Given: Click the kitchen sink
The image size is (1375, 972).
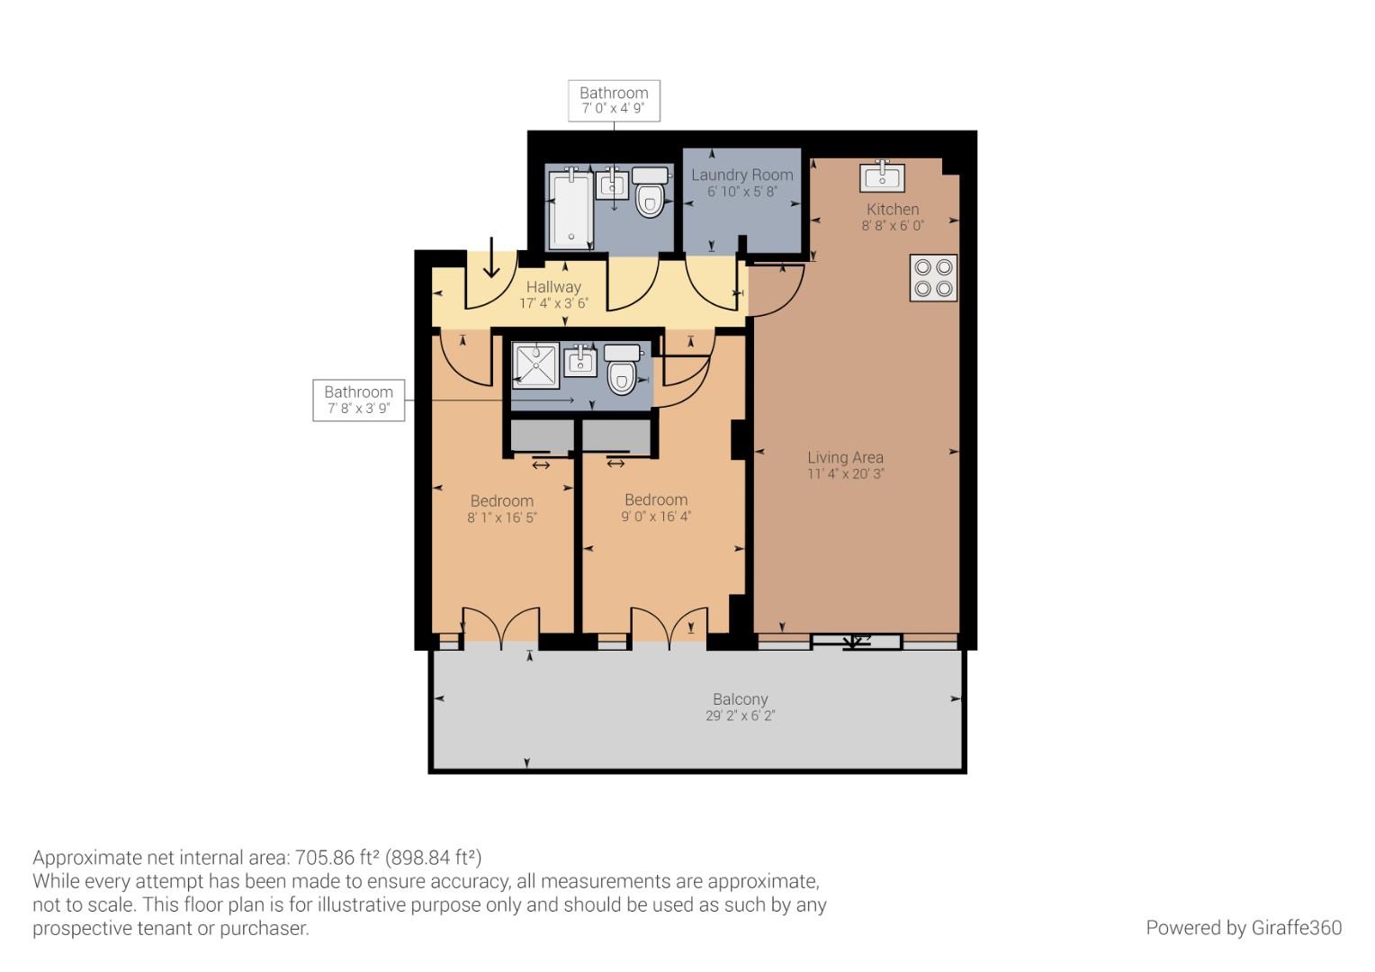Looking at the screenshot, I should tap(882, 177).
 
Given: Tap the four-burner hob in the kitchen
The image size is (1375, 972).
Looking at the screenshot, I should tap(933, 278).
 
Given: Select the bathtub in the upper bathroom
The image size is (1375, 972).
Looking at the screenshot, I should tap(570, 211).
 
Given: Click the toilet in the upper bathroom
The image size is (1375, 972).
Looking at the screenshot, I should tap(650, 193).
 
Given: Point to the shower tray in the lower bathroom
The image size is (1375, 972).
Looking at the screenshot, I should tap(535, 365).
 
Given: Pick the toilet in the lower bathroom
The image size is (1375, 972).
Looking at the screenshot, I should tap(622, 370).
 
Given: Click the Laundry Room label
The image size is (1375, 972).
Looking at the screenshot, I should tap(741, 175).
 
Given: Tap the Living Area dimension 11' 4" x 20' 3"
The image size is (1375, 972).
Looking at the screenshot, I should tap(845, 474).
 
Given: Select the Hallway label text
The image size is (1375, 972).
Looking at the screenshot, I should tap(553, 287).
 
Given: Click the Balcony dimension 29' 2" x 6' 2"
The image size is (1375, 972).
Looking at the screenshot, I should tap(740, 716).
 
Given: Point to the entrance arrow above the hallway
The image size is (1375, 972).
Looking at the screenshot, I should tap(492, 257).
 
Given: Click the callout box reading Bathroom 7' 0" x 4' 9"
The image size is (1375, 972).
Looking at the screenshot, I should tap(614, 100).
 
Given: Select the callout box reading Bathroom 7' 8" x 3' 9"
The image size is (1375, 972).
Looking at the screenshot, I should tap(358, 400).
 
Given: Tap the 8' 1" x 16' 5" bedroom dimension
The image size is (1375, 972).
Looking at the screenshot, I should tap(501, 517).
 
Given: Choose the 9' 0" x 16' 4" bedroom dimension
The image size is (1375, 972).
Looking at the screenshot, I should tap(655, 517).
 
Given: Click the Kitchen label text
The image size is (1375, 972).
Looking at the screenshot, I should tap(892, 209).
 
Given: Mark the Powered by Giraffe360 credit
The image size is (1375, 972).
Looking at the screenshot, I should tap(1243, 928).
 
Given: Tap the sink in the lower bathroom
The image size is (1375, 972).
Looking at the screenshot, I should tap(581, 362).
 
